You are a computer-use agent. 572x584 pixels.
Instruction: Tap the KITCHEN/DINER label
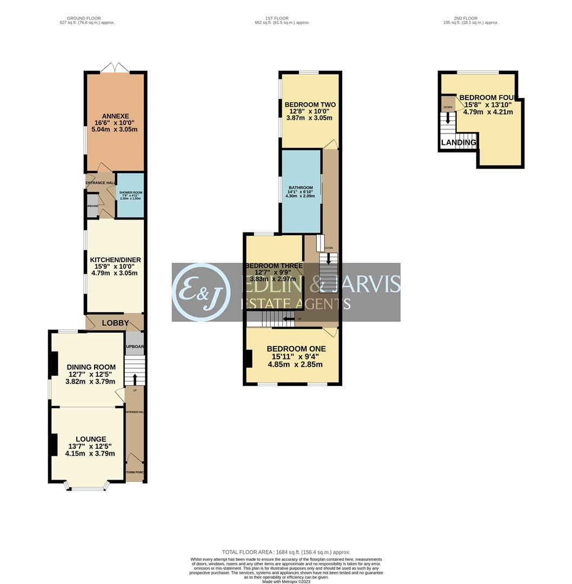(x=115, y=260)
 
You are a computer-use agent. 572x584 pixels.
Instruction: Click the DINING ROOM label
(x=91, y=368)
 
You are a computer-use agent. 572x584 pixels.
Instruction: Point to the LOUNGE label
(x=91, y=439)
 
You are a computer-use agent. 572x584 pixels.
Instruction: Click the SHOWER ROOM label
(x=130, y=193)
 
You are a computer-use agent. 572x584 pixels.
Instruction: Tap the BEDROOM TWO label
(x=310, y=105)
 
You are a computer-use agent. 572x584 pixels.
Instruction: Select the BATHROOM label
(x=300, y=188)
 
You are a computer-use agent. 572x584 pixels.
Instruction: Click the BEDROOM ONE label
(x=294, y=349)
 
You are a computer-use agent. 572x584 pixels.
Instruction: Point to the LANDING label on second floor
(x=458, y=143)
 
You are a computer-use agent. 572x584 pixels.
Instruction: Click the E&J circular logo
(x=201, y=292)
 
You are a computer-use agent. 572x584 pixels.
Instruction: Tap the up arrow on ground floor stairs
(x=135, y=379)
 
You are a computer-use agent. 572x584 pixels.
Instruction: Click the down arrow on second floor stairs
(x=448, y=117)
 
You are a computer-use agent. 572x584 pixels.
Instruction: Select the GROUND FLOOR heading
(x=87, y=18)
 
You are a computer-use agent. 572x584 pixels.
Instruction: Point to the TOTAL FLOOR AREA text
(x=286, y=552)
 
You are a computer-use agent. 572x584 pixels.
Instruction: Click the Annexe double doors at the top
(x=115, y=67)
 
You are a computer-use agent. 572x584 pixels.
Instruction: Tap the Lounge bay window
(x=87, y=488)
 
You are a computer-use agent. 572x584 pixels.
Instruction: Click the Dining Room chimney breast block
(x=53, y=364)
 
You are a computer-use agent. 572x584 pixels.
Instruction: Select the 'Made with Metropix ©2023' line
(x=286, y=581)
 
